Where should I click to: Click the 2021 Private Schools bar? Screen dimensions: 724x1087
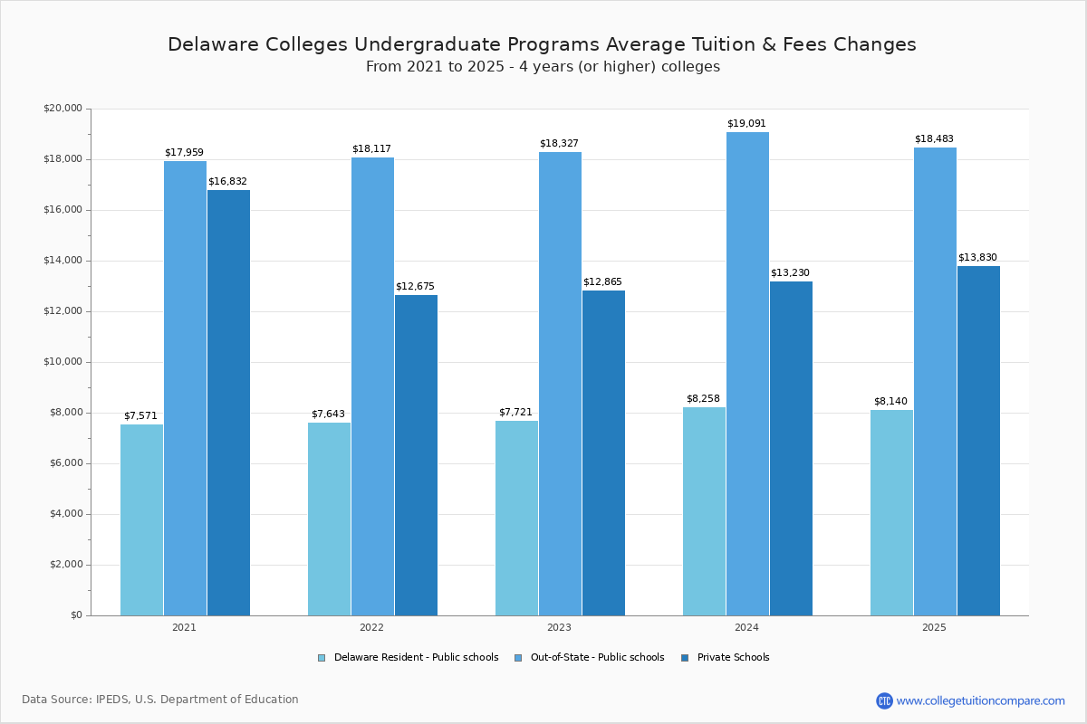(228, 403)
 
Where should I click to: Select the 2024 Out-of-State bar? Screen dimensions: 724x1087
(747, 374)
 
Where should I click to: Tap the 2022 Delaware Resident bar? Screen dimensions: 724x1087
(329, 519)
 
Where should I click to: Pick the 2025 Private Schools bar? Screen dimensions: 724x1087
(978, 441)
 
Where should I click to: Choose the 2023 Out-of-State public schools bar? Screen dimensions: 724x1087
(560, 384)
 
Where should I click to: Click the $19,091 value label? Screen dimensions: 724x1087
(746, 124)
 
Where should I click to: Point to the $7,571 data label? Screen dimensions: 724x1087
(140, 416)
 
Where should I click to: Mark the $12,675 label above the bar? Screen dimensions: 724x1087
(415, 287)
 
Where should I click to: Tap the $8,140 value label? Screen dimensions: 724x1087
(890, 402)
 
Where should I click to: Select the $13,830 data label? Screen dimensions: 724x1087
(977, 258)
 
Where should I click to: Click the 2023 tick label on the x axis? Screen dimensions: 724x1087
(559, 627)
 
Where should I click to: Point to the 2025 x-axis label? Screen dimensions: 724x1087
(934, 627)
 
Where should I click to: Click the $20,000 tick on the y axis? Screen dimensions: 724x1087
(63, 109)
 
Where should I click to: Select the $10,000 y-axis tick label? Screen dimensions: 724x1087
(63, 362)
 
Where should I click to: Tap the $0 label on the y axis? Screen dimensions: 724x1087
(76, 615)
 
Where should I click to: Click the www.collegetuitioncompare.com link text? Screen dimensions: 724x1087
(980, 700)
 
